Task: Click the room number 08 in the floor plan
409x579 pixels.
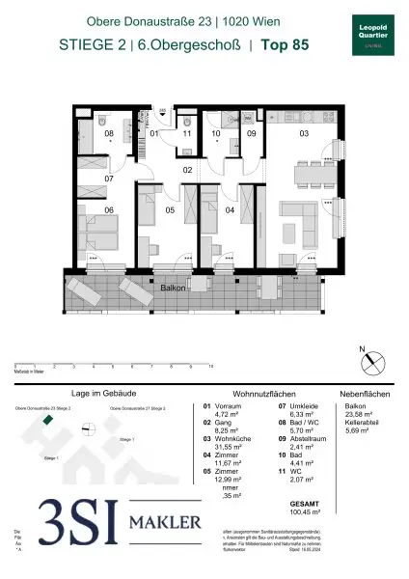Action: tap(110, 134)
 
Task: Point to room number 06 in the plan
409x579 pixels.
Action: tap(109, 210)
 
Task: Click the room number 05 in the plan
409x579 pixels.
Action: tap(168, 210)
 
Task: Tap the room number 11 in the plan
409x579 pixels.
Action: tap(187, 134)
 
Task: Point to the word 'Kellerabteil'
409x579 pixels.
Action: tap(362, 422)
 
